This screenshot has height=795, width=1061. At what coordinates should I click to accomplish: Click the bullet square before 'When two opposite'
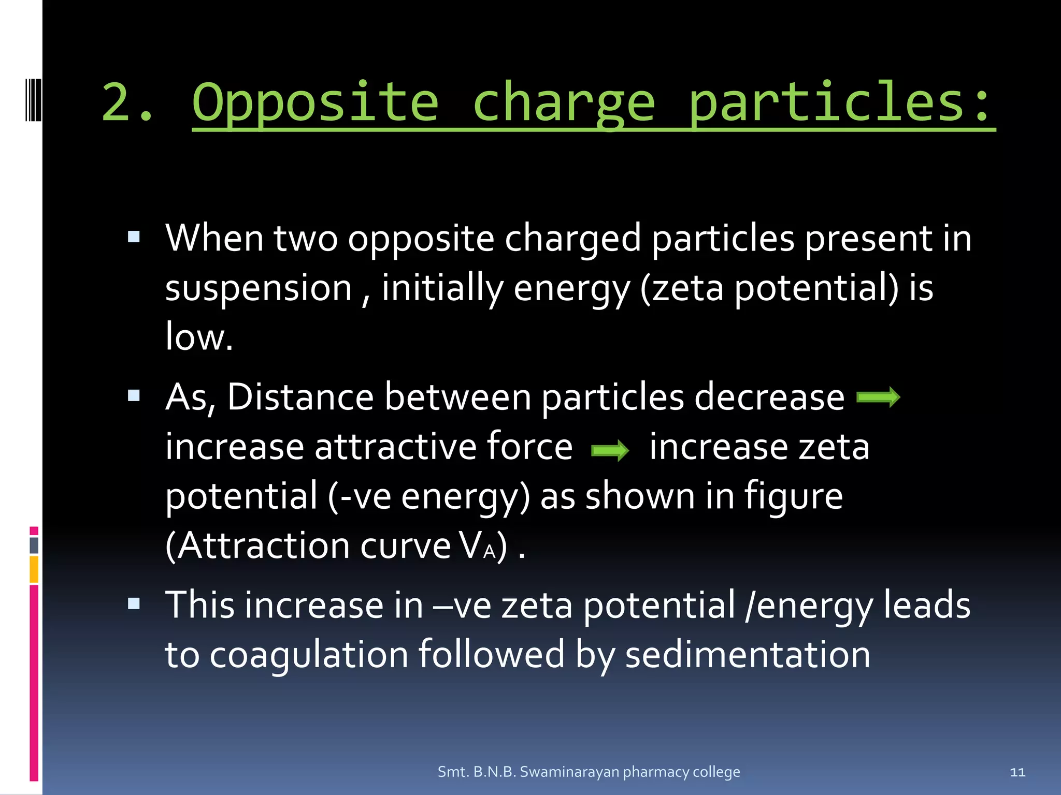tap(134, 238)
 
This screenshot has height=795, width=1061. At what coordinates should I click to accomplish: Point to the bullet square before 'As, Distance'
tap(134, 396)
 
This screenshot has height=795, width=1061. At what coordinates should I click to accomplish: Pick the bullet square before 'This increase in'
tap(134, 603)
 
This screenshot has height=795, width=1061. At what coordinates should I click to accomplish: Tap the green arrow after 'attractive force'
tap(610, 450)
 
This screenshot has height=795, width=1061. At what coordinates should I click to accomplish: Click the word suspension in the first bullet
tap(259, 288)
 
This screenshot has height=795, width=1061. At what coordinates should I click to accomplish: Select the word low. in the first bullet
tap(199, 337)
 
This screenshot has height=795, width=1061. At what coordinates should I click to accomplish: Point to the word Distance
tap(300, 397)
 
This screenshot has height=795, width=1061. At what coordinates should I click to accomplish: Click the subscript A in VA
tap(489, 552)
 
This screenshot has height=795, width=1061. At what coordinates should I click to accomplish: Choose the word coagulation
tap(309, 655)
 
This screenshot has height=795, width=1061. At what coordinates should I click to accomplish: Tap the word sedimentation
tap(748, 655)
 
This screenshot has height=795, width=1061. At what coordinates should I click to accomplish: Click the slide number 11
tap(1017, 772)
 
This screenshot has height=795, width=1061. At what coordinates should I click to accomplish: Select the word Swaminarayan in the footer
tap(569, 772)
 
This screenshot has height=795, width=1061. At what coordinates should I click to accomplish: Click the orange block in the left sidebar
tap(34, 569)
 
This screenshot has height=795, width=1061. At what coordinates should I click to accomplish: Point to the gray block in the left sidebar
tap(34, 545)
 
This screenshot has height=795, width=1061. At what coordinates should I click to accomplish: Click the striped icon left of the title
tap(33, 99)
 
